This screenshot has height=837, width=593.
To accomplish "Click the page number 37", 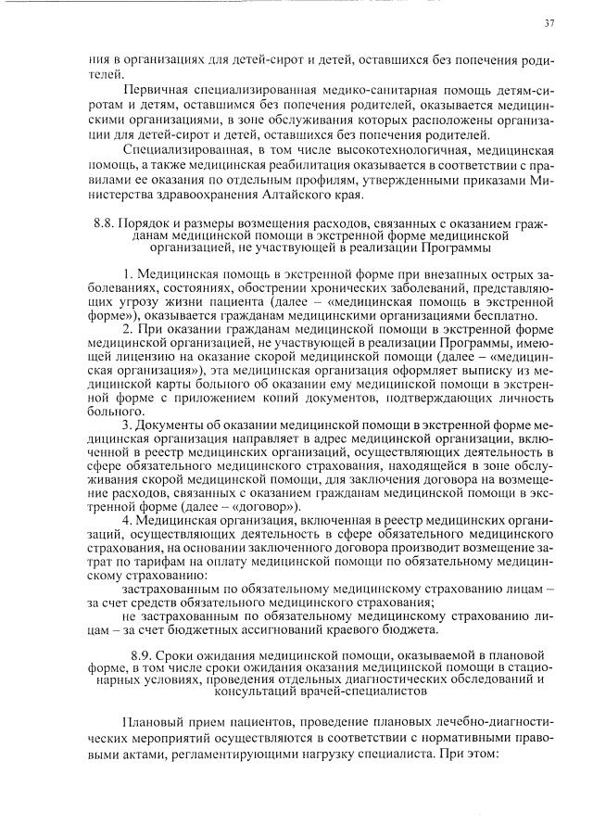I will coord(549,22).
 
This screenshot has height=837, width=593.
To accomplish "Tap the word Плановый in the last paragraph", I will coord(156,722).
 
